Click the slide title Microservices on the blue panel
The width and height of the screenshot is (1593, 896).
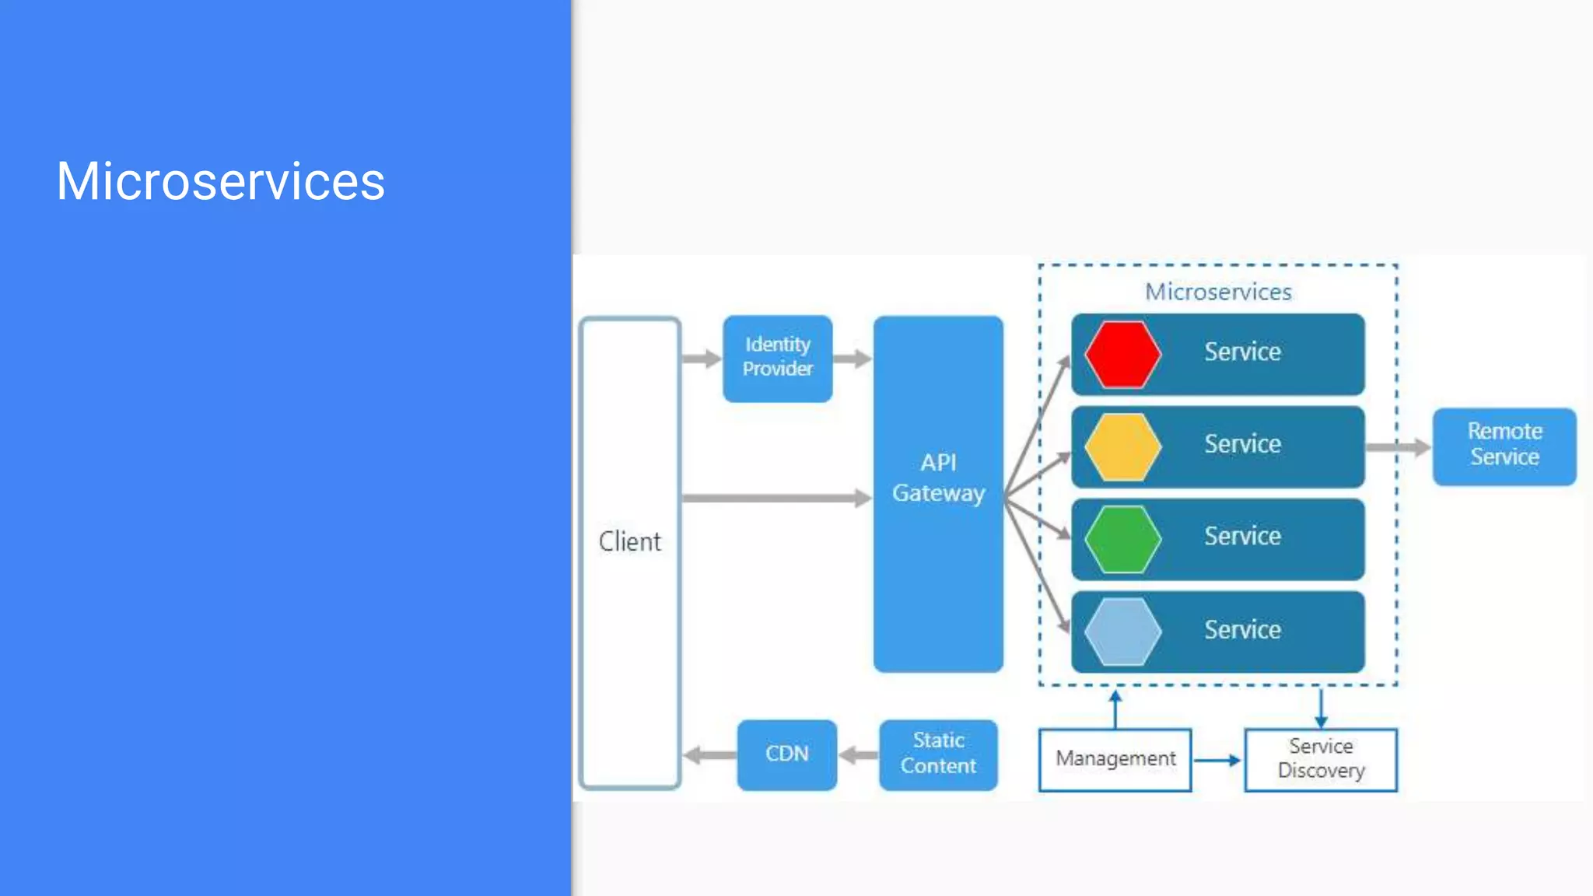coord(220,181)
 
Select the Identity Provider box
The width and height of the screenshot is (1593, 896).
coord(777,358)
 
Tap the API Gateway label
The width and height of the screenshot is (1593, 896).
coord(938,478)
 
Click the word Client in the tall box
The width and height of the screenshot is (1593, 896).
coord(629,541)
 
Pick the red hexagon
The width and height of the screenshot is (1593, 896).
coord(1122,354)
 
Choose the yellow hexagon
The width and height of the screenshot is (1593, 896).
coord(1122,446)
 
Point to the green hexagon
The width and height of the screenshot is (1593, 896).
coord(1122,539)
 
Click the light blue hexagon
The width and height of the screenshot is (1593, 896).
coord(1122,632)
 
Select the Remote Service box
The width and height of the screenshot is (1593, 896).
coord(1504,446)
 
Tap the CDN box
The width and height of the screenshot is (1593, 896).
coord(786,754)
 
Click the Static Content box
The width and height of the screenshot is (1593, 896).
coord(937,754)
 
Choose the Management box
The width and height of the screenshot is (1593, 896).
coord(1115,759)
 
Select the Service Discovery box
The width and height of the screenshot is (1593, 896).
coord(1320,759)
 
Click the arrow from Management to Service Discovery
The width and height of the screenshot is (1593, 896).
coord(1217,760)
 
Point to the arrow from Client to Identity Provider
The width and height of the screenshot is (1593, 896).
coord(701,359)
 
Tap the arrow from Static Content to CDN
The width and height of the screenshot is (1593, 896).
coord(859,754)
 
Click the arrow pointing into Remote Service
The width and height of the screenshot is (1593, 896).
coord(1399,446)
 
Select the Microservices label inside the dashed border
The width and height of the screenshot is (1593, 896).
coord(1218,292)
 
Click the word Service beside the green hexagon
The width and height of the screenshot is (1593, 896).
coord(1242,536)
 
